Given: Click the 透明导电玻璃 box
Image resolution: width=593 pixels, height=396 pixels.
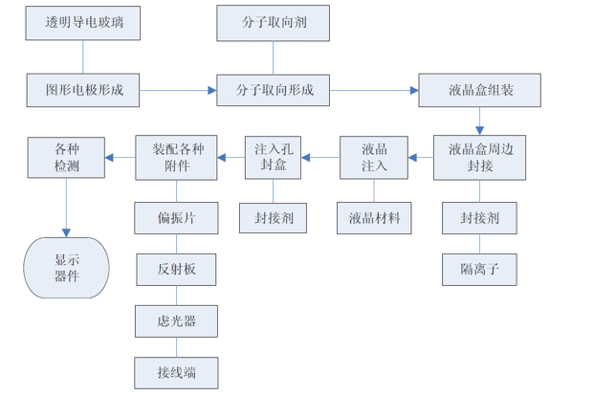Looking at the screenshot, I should click(x=83, y=22).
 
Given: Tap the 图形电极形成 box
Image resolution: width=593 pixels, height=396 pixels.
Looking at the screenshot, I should click(x=83, y=90).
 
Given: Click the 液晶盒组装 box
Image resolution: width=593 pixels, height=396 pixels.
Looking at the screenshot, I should click(x=480, y=90).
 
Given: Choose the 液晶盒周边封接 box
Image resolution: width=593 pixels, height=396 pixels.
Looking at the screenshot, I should click(x=480, y=157).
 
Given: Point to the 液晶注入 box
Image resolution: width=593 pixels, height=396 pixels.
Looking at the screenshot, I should click(x=374, y=157).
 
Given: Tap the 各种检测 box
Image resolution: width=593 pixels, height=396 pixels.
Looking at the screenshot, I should click(x=66, y=157).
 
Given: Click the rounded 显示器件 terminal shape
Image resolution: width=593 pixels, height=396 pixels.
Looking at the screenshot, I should click(x=66, y=267).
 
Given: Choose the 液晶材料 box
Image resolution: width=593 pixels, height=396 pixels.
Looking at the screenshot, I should click(x=374, y=218).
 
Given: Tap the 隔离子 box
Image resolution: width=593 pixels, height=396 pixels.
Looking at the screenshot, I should click(x=480, y=269).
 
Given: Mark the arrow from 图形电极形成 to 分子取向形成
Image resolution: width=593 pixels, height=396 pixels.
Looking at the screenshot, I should click(x=178, y=91).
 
